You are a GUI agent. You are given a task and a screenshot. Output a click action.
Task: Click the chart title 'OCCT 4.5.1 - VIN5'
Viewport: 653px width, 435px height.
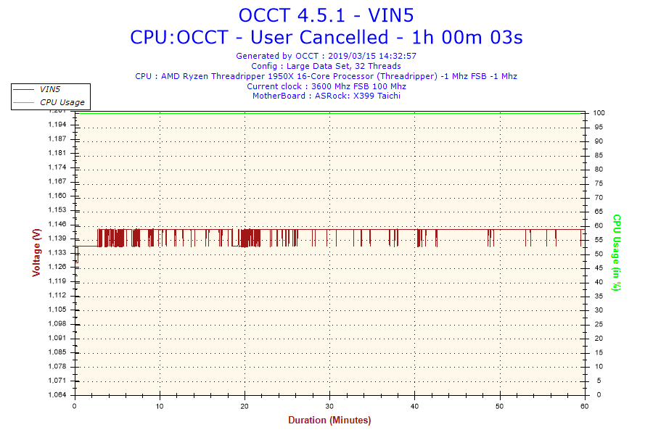pyautogui.click(x=326, y=15)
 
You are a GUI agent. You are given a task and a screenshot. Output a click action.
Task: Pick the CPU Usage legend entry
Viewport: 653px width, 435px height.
pyautogui.click(x=62, y=102)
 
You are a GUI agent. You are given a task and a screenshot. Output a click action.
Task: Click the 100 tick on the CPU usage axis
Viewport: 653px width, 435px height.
pyautogui.click(x=599, y=113)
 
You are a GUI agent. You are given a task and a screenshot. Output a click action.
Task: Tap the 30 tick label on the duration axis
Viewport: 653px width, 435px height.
pyautogui.click(x=330, y=406)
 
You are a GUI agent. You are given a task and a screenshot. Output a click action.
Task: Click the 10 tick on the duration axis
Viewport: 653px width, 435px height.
pyautogui.click(x=160, y=406)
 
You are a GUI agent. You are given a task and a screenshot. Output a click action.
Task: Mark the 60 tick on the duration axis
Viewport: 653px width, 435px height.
pyautogui.click(x=585, y=406)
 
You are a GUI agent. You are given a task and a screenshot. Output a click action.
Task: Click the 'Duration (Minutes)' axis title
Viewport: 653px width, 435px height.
pyautogui.click(x=329, y=420)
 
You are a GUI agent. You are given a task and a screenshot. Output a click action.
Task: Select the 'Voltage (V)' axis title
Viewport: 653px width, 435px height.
pyautogui.click(x=36, y=252)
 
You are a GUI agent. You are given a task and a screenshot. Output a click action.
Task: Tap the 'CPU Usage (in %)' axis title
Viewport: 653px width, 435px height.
pyautogui.click(x=617, y=252)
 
